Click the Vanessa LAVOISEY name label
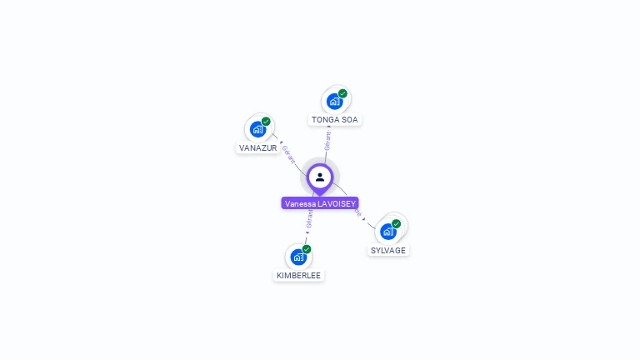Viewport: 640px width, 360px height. coord(320,203)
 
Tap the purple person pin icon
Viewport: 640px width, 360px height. coord(320,177)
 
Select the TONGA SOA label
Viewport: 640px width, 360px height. coord(334,120)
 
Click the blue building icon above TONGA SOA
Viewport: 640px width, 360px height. coord(334,102)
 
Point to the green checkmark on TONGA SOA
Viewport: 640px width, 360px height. coord(342,93)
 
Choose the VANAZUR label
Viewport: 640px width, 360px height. coord(257,148)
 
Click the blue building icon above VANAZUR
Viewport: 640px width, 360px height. coord(257,129)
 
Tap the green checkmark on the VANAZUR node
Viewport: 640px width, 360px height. coord(266,122)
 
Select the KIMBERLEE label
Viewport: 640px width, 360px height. coord(298,276)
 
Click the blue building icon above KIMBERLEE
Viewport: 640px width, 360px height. coord(298,257)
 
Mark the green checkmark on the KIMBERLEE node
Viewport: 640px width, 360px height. coord(307,249)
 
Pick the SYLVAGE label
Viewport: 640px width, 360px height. coord(388,251)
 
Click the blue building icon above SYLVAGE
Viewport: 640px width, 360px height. coord(387,232)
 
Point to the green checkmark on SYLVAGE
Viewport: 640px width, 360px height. coord(397,223)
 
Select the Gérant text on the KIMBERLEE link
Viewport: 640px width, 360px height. coord(309,219)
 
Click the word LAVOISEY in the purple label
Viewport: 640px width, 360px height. coord(337,203)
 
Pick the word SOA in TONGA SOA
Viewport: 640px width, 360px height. coord(349,120)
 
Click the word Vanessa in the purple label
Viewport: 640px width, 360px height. coord(299,203)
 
